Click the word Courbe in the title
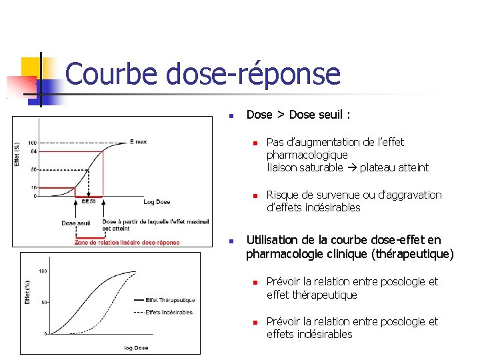111,74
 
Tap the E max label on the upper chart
139,141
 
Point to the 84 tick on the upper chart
33,151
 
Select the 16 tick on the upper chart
33,188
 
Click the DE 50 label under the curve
89,201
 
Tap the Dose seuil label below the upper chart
75,223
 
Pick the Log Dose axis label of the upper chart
157,201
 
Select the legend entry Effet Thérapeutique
170,300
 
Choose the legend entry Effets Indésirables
169,312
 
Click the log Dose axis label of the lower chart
136,348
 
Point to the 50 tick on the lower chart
43,302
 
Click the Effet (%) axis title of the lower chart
27,292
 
